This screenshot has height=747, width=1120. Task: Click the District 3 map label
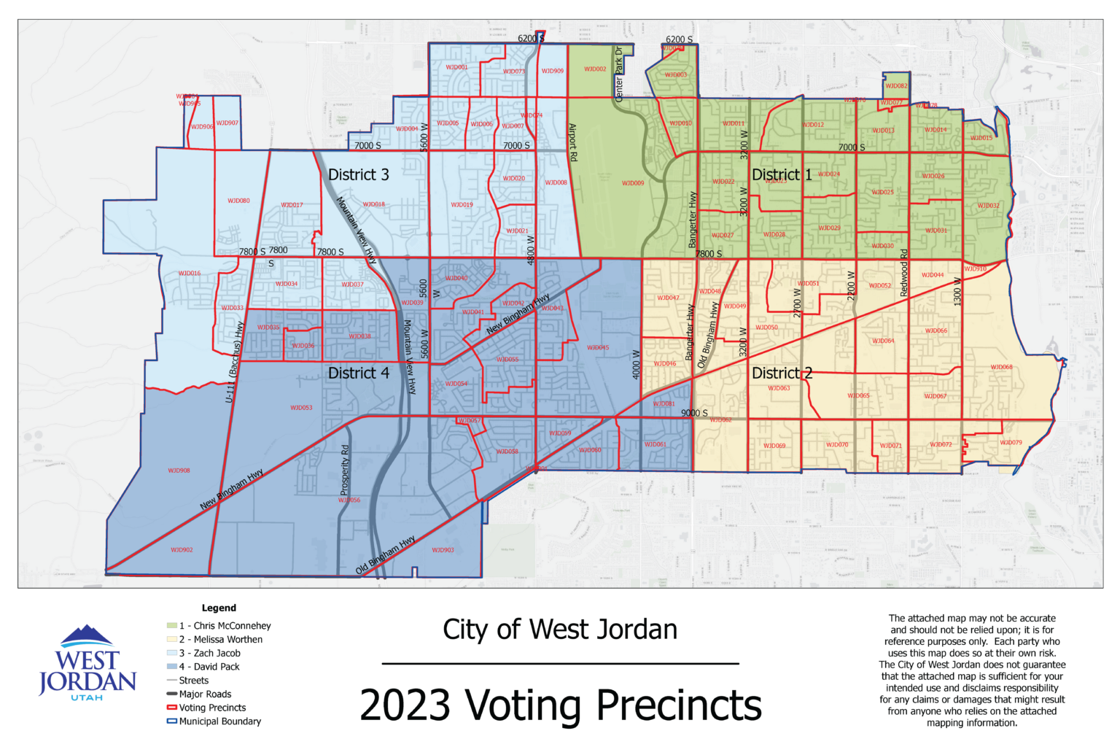click(358, 175)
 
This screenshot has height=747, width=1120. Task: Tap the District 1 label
click(782, 175)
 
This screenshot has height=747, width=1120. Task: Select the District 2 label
click(782, 373)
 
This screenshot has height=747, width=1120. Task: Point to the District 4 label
click(358, 373)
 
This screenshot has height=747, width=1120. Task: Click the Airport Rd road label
click(573, 142)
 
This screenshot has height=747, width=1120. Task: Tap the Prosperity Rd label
click(346, 471)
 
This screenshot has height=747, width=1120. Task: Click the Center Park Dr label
click(619, 74)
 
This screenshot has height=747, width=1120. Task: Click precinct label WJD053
click(301, 408)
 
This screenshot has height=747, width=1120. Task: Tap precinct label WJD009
click(633, 183)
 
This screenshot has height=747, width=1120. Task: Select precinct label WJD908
click(179, 471)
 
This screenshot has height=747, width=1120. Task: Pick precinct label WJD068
click(1001, 367)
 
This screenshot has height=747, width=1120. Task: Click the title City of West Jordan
click(560, 630)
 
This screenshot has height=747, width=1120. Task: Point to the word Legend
click(219, 608)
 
